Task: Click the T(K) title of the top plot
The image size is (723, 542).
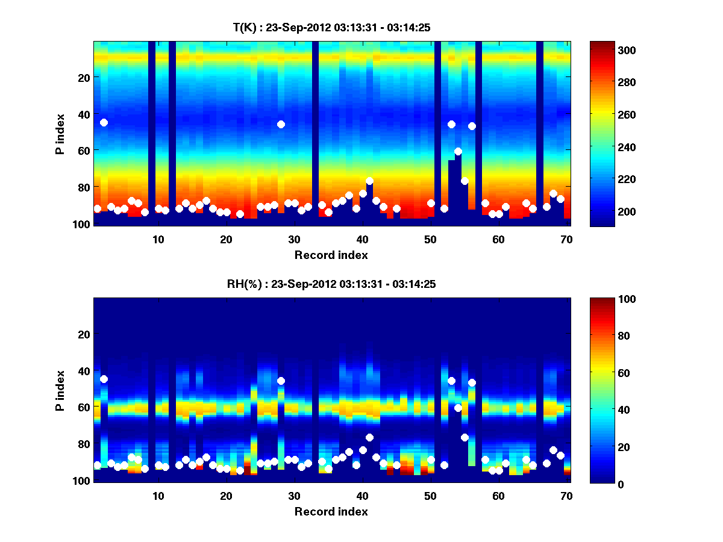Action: (x=331, y=27)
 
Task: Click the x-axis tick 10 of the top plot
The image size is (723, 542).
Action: (x=158, y=239)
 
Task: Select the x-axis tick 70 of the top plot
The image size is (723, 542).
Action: (x=566, y=239)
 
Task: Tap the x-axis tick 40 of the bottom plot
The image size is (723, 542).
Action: (x=362, y=496)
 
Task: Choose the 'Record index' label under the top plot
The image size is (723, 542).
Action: (x=331, y=255)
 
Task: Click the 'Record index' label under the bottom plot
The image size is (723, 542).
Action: (x=331, y=511)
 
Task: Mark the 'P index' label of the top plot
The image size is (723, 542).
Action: (x=60, y=134)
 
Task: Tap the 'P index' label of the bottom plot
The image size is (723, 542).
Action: (x=60, y=390)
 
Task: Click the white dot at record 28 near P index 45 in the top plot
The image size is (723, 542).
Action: (x=281, y=124)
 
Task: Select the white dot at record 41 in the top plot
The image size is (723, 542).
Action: (x=369, y=181)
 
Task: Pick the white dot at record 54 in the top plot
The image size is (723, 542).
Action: (x=458, y=151)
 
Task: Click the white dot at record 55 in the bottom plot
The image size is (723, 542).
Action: (x=465, y=437)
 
